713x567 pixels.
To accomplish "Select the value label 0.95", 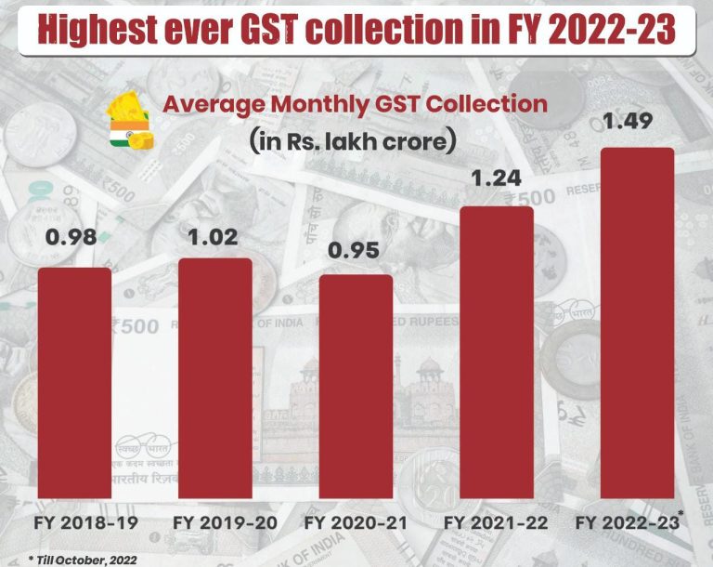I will click(356, 251).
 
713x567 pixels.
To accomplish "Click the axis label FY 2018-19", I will click(75, 523).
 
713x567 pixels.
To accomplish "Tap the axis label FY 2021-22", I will click(498, 523).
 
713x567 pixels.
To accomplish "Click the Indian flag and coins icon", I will click(131, 122).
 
